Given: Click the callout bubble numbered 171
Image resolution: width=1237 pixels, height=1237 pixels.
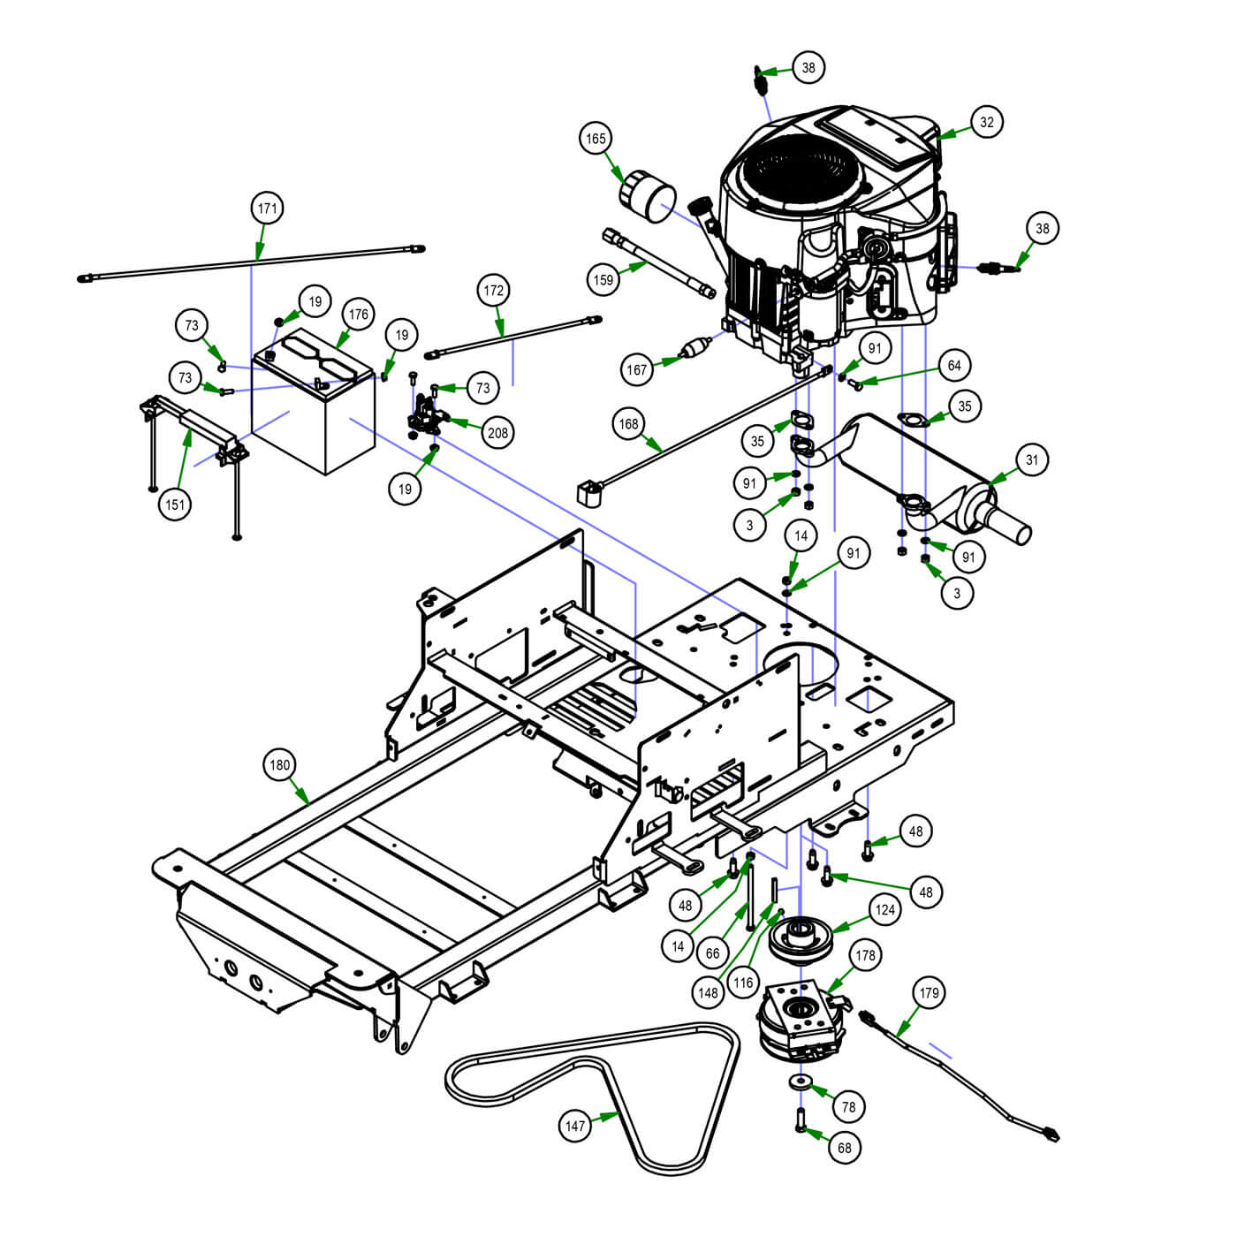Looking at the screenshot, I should coord(267,209).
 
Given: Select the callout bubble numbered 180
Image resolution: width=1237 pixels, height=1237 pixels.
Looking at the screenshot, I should coord(279,765).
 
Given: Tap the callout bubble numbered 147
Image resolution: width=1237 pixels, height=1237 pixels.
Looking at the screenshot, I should coord(575,1126).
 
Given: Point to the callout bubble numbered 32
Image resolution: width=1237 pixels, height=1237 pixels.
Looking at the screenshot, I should coord(986,122).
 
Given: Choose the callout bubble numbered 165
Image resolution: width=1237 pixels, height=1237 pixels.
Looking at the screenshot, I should coord(596,139).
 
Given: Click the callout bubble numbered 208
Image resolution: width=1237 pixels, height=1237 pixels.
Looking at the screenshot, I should coord(498,432).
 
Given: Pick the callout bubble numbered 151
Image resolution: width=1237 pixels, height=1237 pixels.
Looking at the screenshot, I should coord(175,505).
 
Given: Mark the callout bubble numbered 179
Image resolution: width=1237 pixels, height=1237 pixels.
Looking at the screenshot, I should coord(929,993).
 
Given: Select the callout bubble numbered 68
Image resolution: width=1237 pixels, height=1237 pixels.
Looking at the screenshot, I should coord(845,1147).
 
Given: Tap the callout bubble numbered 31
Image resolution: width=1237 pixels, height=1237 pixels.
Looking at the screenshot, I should coord(1032,459).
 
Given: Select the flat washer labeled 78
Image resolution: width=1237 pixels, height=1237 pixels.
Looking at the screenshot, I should coord(801,1081).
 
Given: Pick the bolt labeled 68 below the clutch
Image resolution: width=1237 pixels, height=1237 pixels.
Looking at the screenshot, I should coord(801,1119).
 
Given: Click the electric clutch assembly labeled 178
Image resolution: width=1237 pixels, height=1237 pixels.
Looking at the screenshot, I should coord(798,1021).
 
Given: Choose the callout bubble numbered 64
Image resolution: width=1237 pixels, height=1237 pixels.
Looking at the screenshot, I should coord(954,365).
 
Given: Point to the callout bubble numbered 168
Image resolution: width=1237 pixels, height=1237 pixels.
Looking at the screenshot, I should coord(628,424).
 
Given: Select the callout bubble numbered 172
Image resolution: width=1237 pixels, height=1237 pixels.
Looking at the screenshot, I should coord(493,290).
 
